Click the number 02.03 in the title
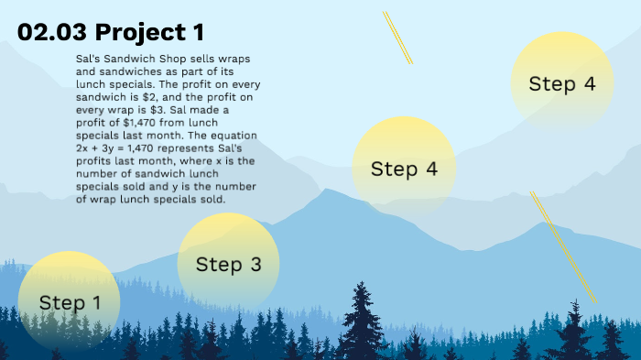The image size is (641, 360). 52,33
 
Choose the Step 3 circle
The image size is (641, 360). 228,265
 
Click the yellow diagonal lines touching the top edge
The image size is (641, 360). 397,37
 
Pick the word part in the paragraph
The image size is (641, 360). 208,71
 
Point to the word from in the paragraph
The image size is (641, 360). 169,122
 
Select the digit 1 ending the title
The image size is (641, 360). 198,33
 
